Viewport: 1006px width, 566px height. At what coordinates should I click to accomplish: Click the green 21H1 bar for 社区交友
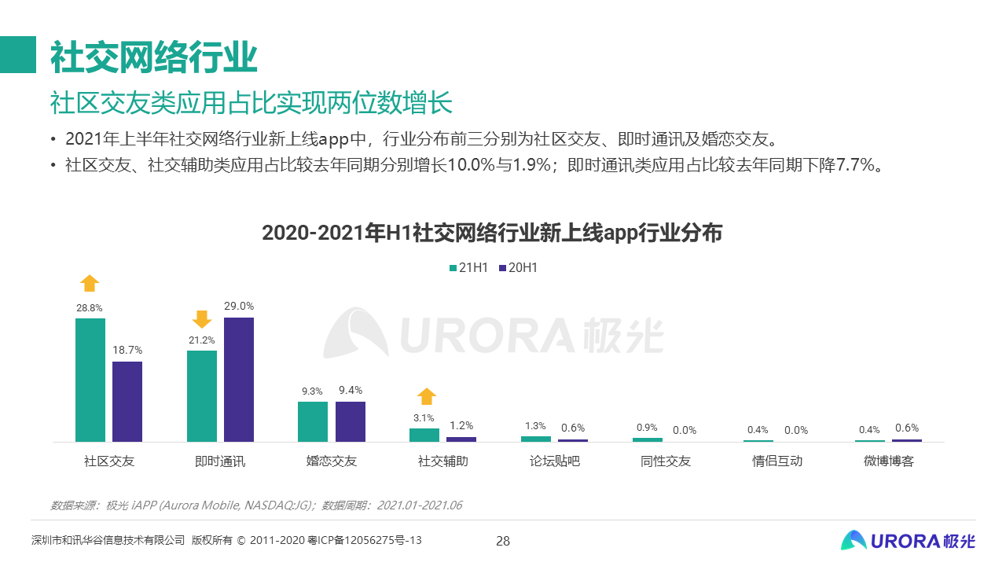pos(90,380)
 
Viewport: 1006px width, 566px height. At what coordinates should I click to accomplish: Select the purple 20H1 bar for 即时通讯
pos(239,380)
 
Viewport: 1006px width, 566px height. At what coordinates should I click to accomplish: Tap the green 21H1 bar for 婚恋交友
pos(313,421)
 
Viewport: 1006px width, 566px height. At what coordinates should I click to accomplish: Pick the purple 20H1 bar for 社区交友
pos(127,402)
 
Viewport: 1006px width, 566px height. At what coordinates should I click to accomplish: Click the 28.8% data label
pos(90,308)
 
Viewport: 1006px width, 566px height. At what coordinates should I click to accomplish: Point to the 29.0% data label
pos(239,306)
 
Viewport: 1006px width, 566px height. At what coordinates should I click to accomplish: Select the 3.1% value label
pos(424,418)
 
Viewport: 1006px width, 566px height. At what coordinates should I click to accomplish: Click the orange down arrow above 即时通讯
pos(202,319)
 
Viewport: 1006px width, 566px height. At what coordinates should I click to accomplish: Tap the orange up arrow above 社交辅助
pos(426,396)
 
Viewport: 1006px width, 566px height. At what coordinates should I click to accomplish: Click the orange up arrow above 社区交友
pos(90,283)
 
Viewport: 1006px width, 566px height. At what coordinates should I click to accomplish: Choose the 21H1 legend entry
pos(468,268)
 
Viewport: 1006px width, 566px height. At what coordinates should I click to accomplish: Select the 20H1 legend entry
pos(518,268)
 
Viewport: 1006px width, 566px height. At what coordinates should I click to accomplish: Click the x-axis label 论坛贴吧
pos(554,461)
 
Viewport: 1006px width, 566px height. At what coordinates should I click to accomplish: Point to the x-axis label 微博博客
pos(889,461)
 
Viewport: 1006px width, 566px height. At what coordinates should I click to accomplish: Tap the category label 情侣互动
pos(777,461)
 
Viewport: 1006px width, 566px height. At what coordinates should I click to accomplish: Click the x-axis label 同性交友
pos(666,461)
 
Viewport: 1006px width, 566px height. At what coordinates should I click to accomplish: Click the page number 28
pos(503,541)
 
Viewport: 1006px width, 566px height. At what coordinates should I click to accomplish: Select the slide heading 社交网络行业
pos(154,56)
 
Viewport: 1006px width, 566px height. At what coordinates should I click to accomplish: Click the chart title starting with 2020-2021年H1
pos(492,233)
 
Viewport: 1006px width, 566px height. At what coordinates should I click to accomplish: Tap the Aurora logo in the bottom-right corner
pos(908,540)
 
